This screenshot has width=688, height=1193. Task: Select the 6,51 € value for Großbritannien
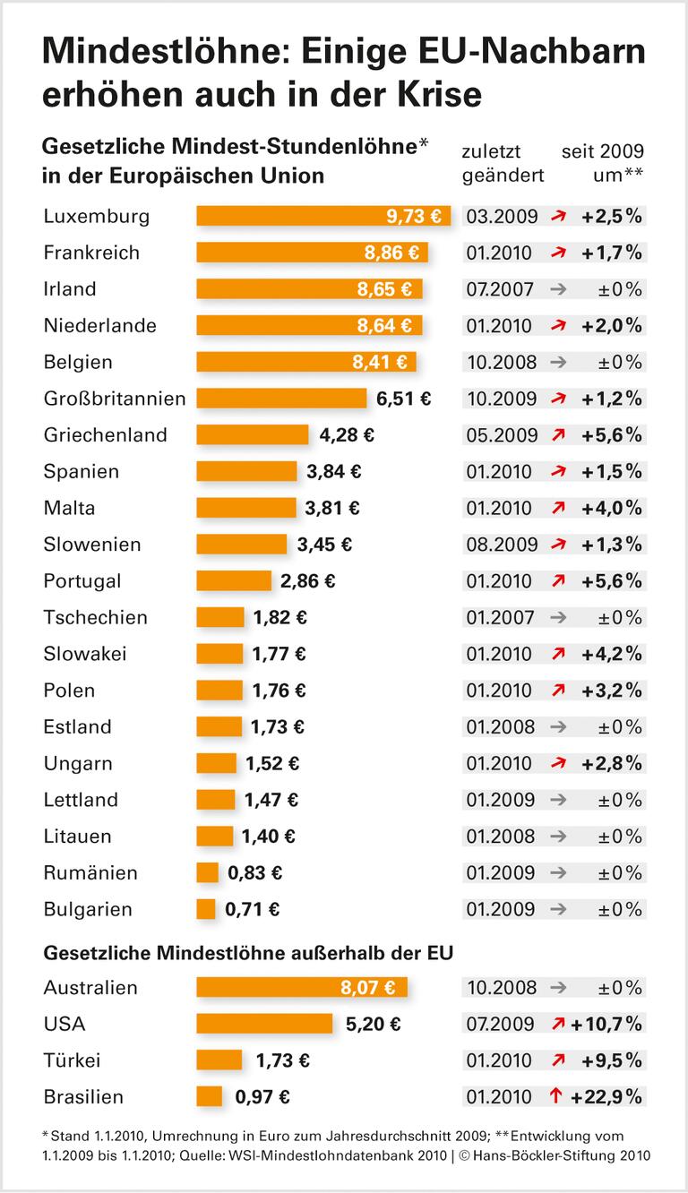click(x=403, y=399)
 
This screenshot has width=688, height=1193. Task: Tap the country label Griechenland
click(x=106, y=435)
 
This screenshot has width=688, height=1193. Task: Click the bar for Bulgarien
click(x=206, y=910)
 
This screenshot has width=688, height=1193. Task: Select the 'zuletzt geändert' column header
click(x=503, y=162)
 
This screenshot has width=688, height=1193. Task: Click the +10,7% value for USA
click(x=609, y=1025)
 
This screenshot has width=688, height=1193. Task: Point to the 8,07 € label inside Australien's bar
click(x=366, y=988)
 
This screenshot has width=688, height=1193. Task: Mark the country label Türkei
click(x=72, y=1061)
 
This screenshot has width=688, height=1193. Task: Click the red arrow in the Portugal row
click(x=557, y=581)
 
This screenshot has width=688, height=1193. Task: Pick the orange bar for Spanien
click(x=246, y=472)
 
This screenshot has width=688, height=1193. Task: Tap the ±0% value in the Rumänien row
click(x=620, y=873)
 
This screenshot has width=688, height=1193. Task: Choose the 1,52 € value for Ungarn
click(x=272, y=764)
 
